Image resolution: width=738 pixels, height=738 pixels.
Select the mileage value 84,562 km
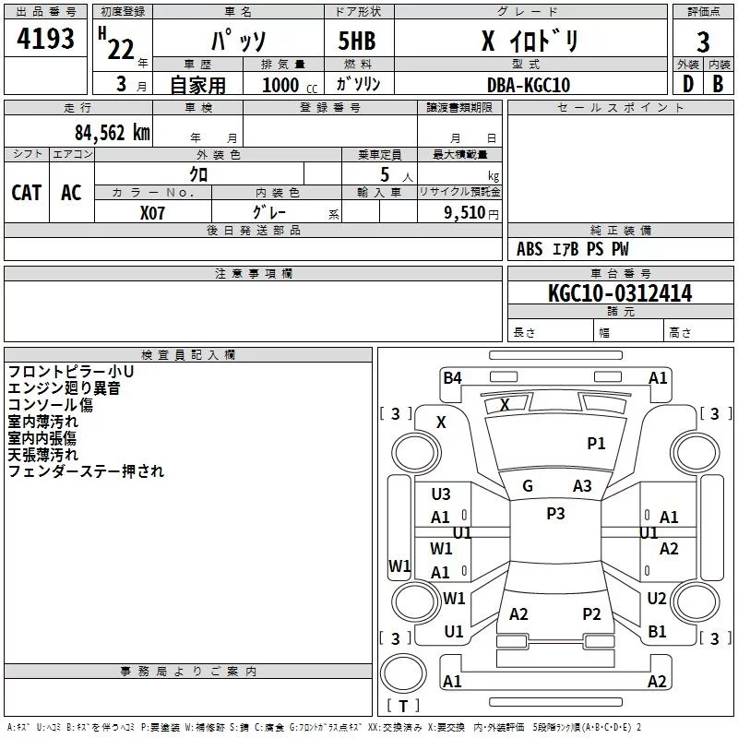tap(112, 133)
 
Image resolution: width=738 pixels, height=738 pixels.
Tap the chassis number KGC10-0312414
tap(620, 294)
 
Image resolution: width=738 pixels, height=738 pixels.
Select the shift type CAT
tap(27, 193)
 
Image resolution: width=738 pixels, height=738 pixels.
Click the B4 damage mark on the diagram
tap(452, 377)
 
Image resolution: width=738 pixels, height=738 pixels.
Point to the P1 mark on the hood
tap(597, 444)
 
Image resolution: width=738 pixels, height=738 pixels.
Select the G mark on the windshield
tap(528, 486)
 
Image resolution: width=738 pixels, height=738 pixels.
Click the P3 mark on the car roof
tap(555, 514)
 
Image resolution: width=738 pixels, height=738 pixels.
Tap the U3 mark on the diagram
tap(441, 494)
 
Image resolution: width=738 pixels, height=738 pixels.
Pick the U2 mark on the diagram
tap(657, 599)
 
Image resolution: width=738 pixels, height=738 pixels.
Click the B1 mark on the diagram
tap(657, 632)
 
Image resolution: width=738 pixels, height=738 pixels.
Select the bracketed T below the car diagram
tap(402, 707)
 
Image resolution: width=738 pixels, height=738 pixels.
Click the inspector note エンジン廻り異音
tap(64, 388)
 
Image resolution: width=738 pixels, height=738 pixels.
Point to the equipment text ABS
tap(530, 249)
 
